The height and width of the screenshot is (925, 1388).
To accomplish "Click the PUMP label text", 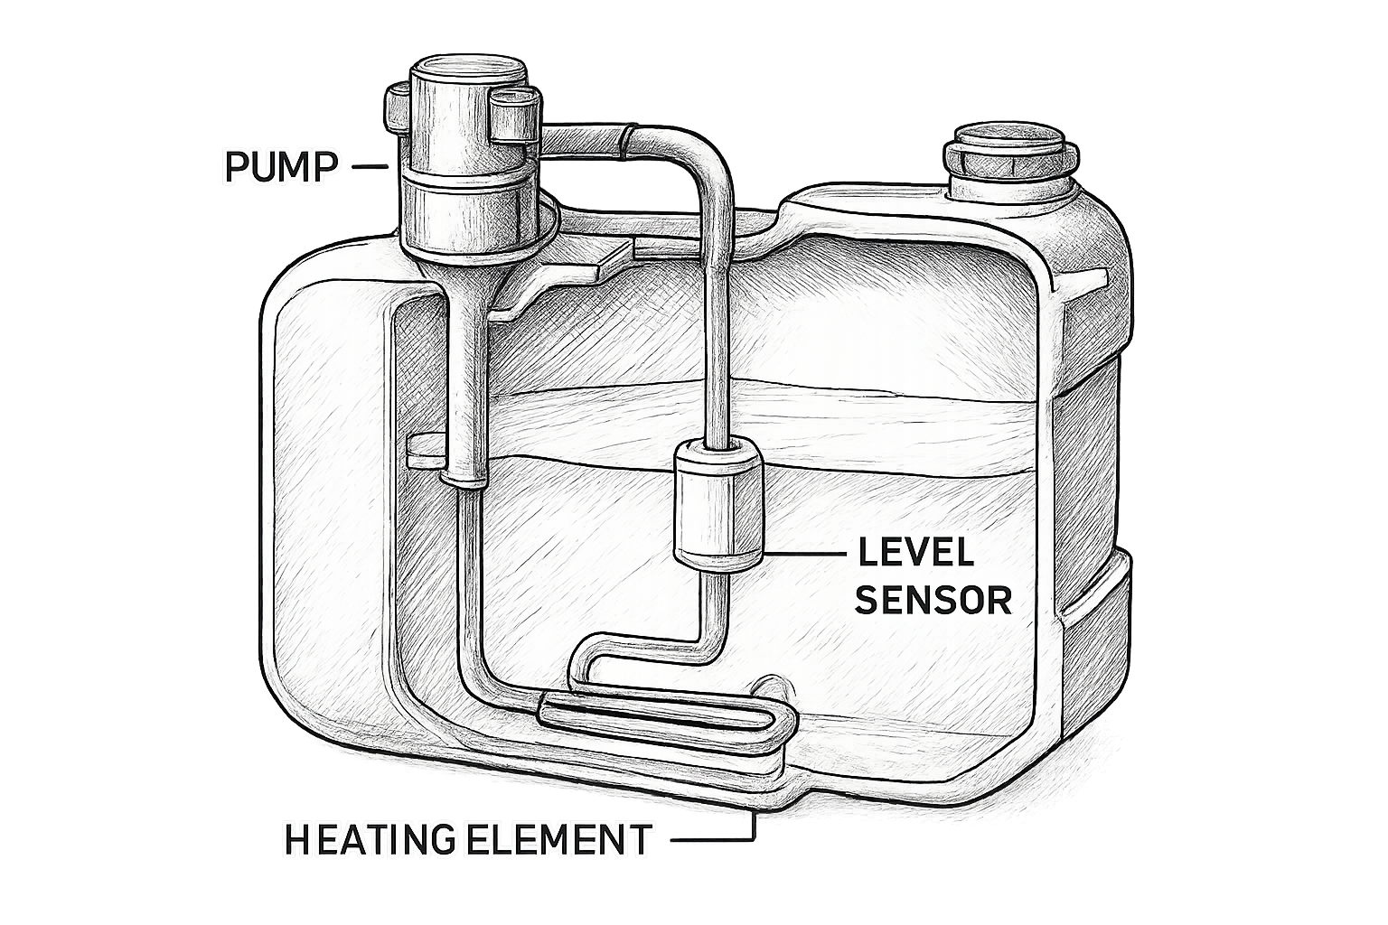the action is pyautogui.click(x=281, y=166).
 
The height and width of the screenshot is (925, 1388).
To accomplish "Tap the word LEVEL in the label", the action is pyautogui.click(x=915, y=553).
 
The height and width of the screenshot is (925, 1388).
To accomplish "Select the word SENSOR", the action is pyautogui.click(x=933, y=600).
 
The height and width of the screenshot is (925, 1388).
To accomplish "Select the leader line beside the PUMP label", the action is pyautogui.click(x=370, y=166).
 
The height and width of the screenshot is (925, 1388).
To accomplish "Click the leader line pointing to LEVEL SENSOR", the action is pyautogui.click(x=805, y=553).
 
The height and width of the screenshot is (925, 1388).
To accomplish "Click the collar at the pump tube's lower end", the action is pyautogui.click(x=463, y=480).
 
